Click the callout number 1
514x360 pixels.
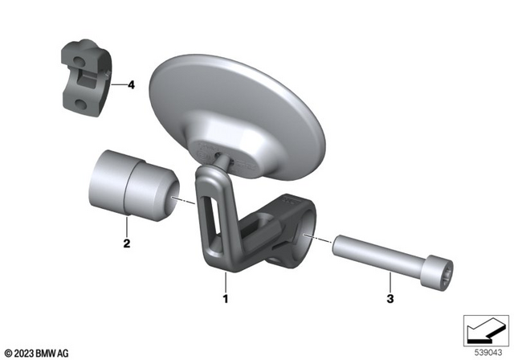click(x=226, y=299)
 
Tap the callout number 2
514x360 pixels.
click(x=125, y=240)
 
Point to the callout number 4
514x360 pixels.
click(x=131, y=84)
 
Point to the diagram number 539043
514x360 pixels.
click(x=487, y=352)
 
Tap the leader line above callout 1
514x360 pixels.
click(x=226, y=282)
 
